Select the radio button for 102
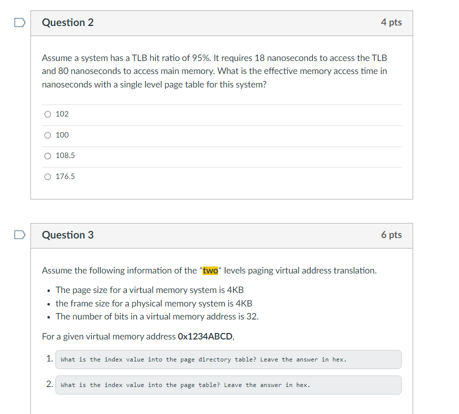[x=47, y=114]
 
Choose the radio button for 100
[x=47, y=135]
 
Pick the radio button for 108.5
[x=47, y=155]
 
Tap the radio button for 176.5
[x=47, y=176]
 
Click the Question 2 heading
[x=68, y=22]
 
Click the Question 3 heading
[x=68, y=235]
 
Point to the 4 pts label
[x=391, y=22]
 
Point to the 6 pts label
[x=391, y=235]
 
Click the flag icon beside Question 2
[x=19, y=22]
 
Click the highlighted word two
[x=211, y=270]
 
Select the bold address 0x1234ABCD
[x=205, y=336]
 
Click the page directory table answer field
[x=228, y=359]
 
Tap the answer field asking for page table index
[x=228, y=385]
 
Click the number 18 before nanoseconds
[x=259, y=58]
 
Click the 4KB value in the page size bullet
[x=234, y=290]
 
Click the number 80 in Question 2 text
[x=62, y=71]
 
